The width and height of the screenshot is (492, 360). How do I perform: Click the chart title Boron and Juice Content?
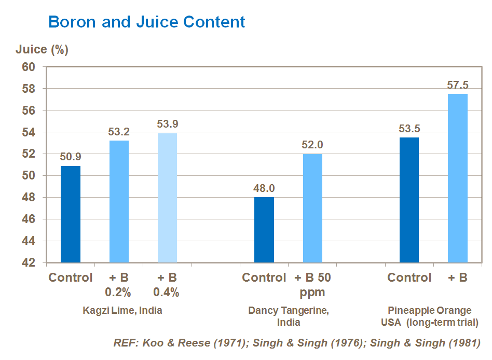tap(146, 22)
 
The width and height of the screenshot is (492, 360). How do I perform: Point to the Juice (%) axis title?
tap(42, 50)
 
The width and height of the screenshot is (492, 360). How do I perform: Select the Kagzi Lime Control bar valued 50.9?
tap(71, 214)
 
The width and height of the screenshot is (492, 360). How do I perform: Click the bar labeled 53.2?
tap(119, 202)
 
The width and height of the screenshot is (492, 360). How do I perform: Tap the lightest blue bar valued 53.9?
tap(167, 198)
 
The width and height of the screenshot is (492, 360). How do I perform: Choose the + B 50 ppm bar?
tap(312, 209)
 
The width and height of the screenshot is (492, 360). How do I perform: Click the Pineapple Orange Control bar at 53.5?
tap(409, 200)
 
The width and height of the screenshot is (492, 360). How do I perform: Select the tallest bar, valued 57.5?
tap(457, 178)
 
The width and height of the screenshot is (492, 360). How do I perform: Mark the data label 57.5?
tap(457, 85)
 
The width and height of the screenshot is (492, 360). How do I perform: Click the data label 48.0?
tap(264, 188)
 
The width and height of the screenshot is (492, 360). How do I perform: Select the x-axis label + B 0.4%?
tap(166, 285)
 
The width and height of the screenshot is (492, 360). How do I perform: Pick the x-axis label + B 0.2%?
tap(118, 285)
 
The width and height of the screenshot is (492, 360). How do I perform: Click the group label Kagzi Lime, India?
tap(122, 311)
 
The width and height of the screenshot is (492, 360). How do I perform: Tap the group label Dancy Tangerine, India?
tap(289, 316)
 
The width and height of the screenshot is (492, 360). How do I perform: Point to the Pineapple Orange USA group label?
tap(430, 316)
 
